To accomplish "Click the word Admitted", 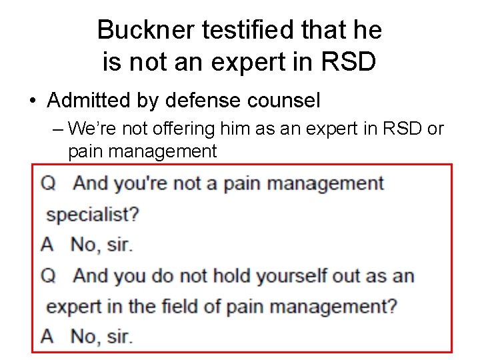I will [88, 101].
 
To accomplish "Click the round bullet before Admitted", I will [33, 101].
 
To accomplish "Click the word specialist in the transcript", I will [89, 215].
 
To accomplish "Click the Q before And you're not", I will [48, 183].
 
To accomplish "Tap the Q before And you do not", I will [48, 275].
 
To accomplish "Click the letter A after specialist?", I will [47, 245].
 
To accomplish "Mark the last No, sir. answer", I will [101, 337].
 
